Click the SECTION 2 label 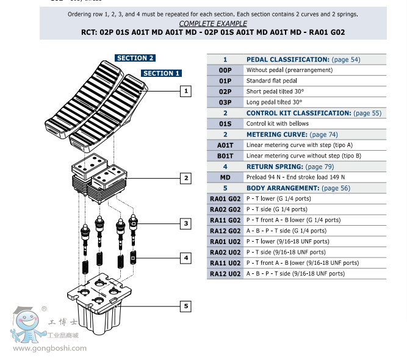click(x=135, y=58)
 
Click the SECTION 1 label click(x=161, y=73)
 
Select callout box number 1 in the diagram click(x=185, y=92)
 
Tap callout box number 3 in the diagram click(x=185, y=224)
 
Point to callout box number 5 click(x=185, y=306)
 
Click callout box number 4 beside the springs click(x=185, y=258)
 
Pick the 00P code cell click(x=225, y=70)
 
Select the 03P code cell click(x=225, y=102)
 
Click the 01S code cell click(x=225, y=123)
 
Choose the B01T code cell click(x=225, y=156)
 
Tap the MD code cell click(x=225, y=177)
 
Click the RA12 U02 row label click(x=225, y=274)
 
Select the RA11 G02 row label click(x=225, y=220)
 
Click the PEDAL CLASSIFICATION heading click(x=287, y=60)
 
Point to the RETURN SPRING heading click(x=275, y=167)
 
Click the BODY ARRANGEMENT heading click(x=283, y=188)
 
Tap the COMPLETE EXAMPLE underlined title click(x=213, y=23)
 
